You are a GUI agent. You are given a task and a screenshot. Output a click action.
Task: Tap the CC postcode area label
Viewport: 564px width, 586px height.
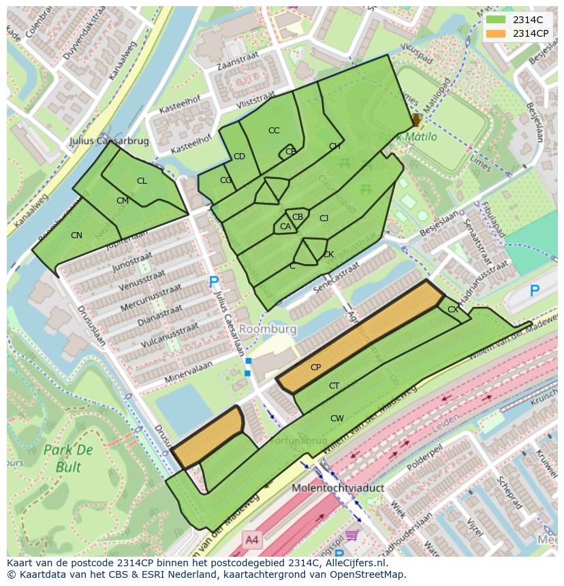[x=274, y=131]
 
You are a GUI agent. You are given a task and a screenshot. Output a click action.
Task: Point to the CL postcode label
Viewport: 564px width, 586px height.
[x=142, y=181]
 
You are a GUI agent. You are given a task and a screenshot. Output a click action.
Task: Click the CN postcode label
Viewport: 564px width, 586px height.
[x=76, y=235]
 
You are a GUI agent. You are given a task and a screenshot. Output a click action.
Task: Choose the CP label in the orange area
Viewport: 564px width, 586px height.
[x=315, y=368]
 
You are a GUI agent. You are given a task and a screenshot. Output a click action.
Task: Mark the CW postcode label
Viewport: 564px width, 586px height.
[x=336, y=419]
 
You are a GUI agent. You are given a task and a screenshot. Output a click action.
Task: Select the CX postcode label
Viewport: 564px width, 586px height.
[x=452, y=310]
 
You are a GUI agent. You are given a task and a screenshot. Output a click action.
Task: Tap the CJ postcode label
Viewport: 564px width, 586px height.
[x=324, y=218]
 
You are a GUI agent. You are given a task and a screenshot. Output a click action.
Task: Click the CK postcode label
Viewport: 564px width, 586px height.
[x=328, y=255]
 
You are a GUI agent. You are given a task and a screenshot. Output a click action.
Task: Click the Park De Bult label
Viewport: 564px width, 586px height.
[x=67, y=458]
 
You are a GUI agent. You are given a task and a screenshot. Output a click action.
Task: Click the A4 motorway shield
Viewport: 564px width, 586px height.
[x=252, y=540]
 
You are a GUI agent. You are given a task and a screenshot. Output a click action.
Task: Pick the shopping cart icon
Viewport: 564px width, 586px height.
[x=351, y=536]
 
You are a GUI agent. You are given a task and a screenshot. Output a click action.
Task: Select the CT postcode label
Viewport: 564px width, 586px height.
[x=334, y=386]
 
